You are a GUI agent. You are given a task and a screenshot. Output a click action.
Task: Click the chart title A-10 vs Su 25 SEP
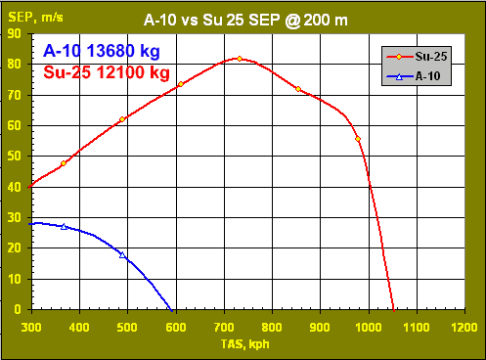(245, 18)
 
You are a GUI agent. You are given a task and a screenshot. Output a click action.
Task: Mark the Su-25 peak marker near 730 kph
(240, 59)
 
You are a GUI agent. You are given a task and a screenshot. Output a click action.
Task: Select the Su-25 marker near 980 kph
(358, 139)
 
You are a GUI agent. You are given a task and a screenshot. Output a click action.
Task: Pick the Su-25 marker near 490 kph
(122, 119)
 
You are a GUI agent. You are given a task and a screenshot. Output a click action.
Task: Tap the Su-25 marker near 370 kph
(64, 163)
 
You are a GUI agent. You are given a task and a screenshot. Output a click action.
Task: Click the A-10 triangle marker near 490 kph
(122, 254)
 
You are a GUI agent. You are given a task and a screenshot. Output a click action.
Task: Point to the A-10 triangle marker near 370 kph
(64, 226)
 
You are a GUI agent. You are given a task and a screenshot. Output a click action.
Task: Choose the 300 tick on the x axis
(31, 326)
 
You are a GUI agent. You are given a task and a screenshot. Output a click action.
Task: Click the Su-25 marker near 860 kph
(298, 89)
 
